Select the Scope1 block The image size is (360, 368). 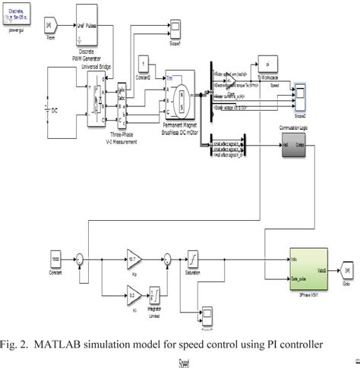click(x=174, y=28)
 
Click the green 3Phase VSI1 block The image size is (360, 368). click(x=307, y=268)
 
